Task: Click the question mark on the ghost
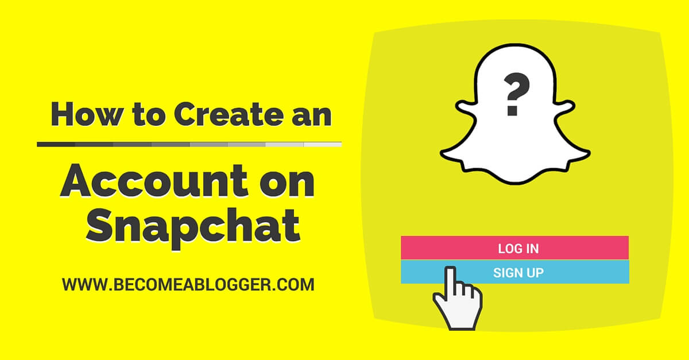[x=512, y=95]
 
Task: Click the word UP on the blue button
[x=536, y=272]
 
